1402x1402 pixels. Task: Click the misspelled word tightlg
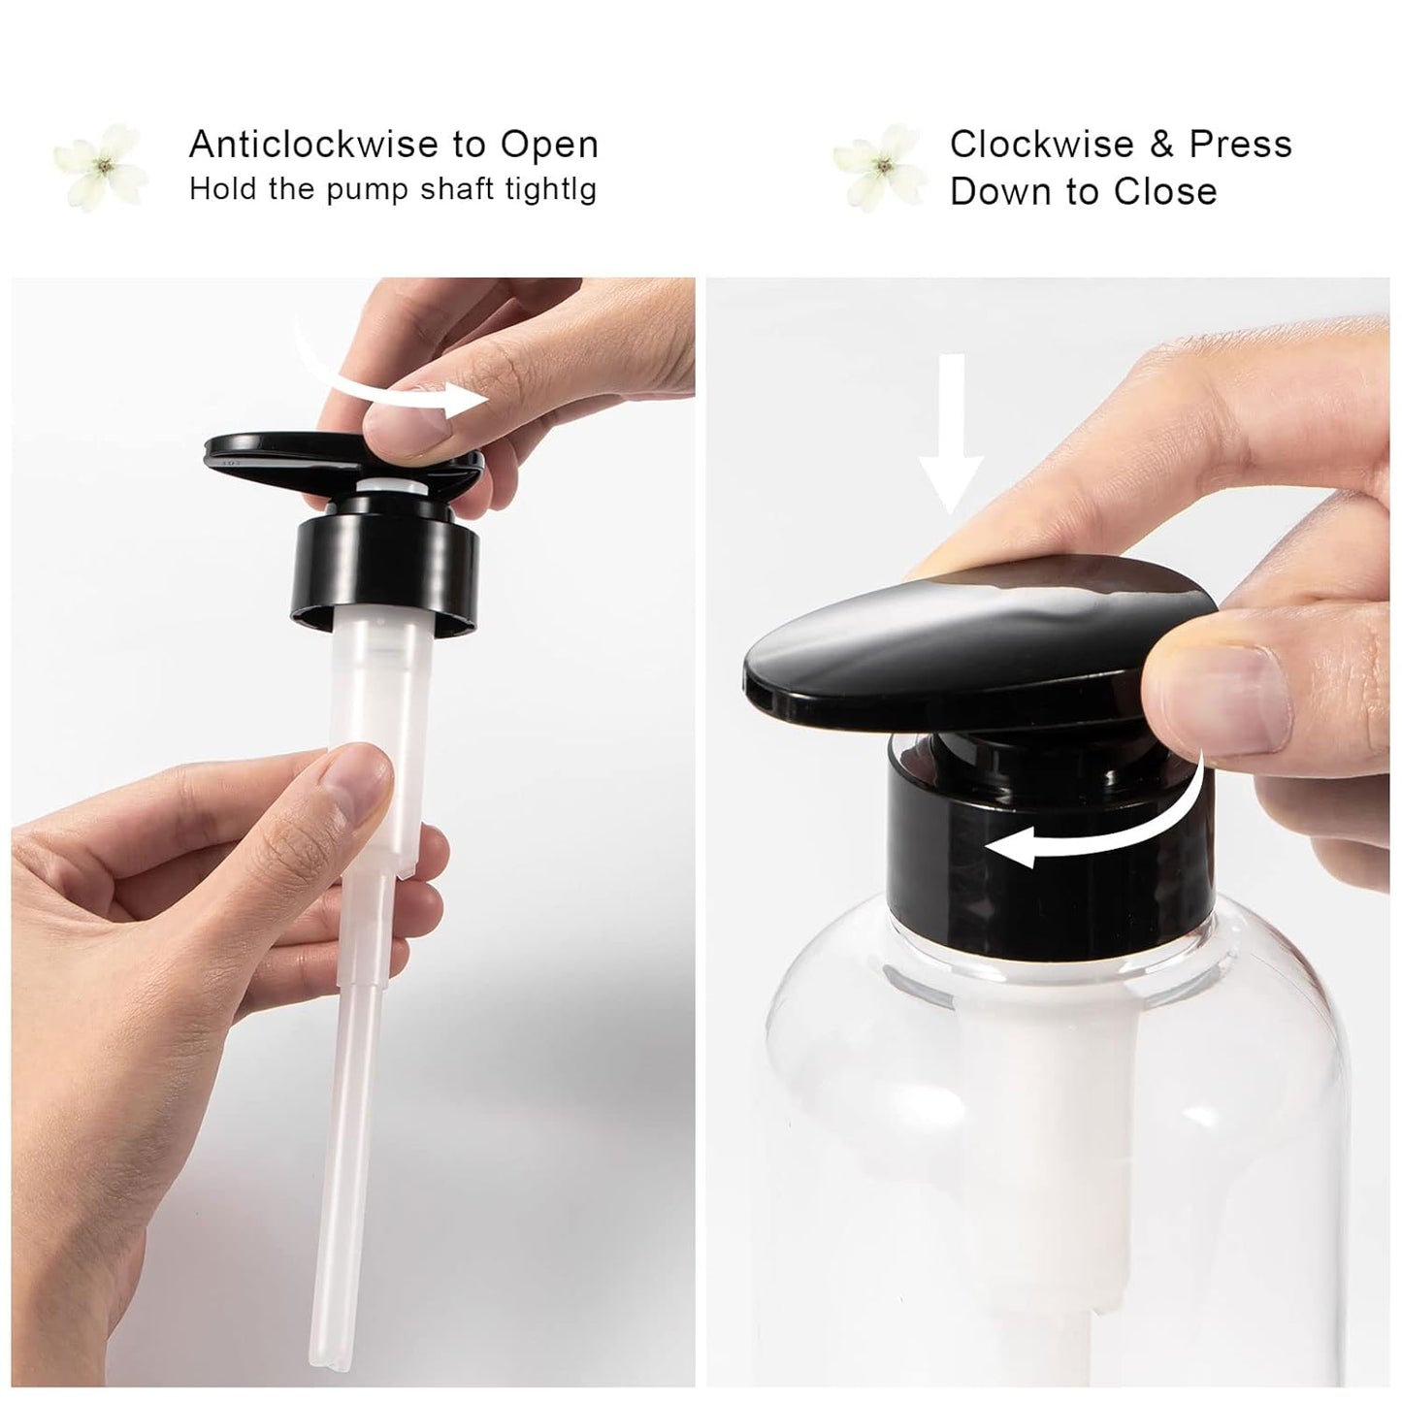coord(550,188)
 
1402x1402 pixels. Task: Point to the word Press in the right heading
coord(1241,145)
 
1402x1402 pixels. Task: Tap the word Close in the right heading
coord(1165,191)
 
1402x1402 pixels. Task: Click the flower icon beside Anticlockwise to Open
coord(102,166)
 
